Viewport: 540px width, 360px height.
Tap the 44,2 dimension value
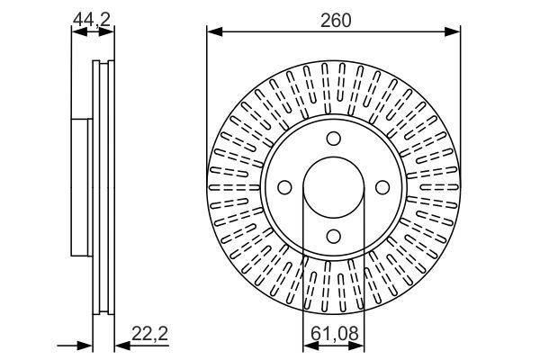point(93,17)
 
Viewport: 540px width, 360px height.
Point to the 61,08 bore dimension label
point(333,335)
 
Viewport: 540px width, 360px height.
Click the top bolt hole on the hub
point(334,139)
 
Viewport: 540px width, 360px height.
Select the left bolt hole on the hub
point(285,187)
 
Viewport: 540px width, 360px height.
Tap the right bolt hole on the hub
point(382,187)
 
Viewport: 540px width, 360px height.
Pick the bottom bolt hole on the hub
point(334,236)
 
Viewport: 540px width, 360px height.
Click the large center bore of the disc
point(334,187)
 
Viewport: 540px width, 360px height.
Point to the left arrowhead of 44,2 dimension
point(76,32)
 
